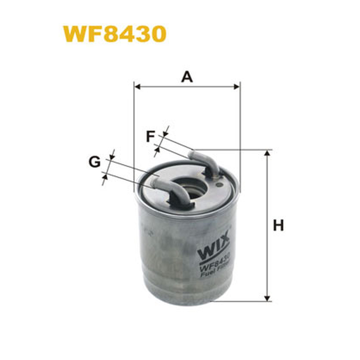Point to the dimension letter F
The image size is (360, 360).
click(x=150, y=136)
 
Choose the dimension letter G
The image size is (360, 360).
click(x=94, y=162)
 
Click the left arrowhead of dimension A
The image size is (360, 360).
click(x=137, y=87)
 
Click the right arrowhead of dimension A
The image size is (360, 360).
click(x=237, y=87)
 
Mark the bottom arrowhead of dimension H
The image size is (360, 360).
click(x=267, y=298)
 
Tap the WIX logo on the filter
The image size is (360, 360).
click(x=213, y=246)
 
